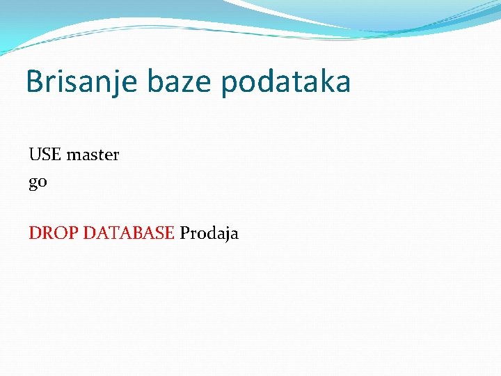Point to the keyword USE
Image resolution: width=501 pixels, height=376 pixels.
coord(45,155)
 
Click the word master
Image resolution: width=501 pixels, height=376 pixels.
coord(93,155)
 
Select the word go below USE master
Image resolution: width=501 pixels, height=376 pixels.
coord(38,183)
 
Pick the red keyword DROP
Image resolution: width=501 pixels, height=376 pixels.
coord(54,233)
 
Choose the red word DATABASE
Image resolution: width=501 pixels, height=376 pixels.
coord(129,233)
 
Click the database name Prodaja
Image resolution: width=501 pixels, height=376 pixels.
coord(209,233)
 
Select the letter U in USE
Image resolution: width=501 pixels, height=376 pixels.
coord(35,155)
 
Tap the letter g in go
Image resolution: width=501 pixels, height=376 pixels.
coord(33,185)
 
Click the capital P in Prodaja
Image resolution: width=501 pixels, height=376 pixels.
coord(184,233)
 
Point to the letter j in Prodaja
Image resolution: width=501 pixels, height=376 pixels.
coord(227,235)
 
